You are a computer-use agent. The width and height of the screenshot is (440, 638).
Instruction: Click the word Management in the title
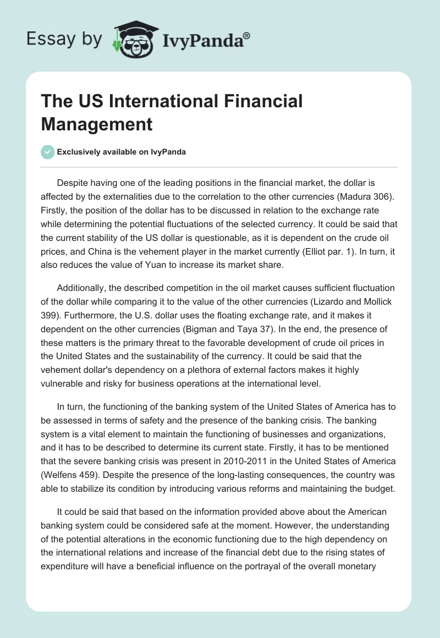tap(97, 124)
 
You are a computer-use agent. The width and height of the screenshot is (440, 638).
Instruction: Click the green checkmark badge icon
tap(48, 152)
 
